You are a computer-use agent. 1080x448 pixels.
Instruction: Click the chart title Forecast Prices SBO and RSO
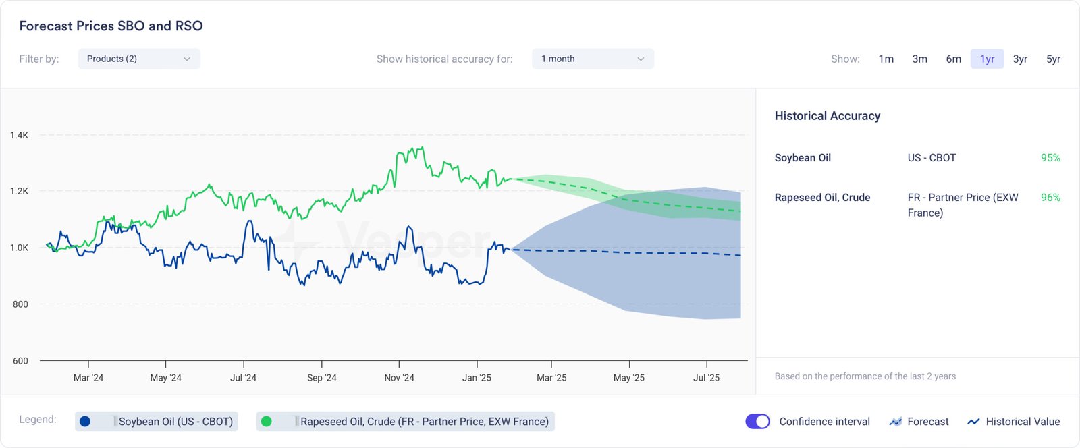coord(111,26)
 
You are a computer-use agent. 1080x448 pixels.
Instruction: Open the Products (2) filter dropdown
coord(139,59)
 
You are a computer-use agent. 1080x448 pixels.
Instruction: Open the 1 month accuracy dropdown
coord(593,59)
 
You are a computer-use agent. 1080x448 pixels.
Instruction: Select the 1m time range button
coord(886,59)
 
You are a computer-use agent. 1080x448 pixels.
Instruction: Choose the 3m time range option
coord(919,59)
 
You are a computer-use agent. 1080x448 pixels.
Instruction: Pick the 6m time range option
coord(953,59)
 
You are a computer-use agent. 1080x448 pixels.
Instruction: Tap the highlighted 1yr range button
coord(987,59)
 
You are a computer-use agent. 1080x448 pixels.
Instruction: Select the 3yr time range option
coord(1020,59)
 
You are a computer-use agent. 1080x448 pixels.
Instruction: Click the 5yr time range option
coord(1053,59)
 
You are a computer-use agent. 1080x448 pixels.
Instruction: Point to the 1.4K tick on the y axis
coord(19,135)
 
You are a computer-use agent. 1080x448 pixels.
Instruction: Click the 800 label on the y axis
coord(20,304)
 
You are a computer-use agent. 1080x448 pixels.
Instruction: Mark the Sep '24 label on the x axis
coord(321,378)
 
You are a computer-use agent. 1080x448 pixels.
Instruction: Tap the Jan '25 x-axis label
coord(477,378)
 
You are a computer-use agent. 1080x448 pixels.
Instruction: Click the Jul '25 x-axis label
coord(706,378)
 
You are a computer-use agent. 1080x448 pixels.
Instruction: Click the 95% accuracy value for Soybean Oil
coord(1050,158)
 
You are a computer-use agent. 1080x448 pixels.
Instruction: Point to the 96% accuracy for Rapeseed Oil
coord(1050,198)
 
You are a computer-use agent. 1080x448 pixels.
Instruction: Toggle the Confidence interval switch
coord(757,422)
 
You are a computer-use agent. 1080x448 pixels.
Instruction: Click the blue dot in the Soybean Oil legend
coord(85,422)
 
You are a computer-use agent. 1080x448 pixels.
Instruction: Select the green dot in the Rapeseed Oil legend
coord(267,422)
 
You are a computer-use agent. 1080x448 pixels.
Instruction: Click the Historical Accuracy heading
coord(827,116)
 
